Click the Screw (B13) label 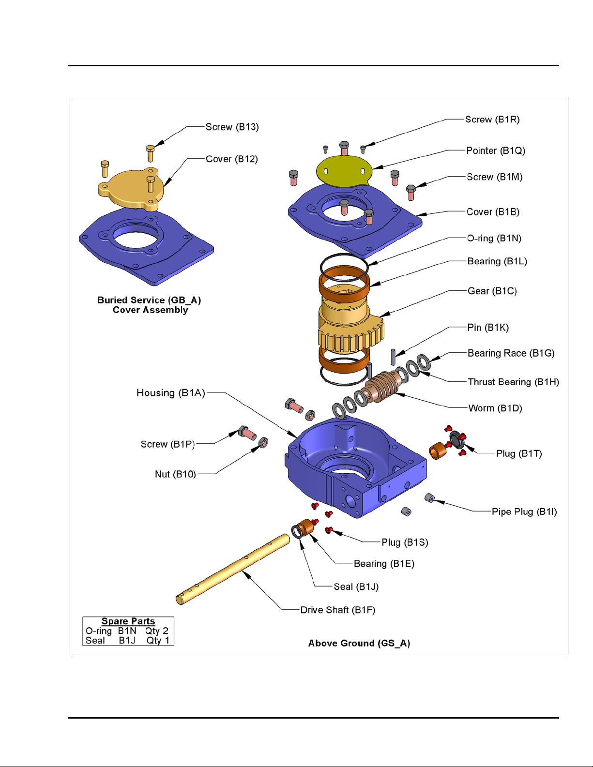pos(232,127)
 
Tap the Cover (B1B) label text pos(493,212)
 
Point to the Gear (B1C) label pos(492,291)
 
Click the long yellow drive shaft pos(232,569)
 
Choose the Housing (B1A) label pos(170,393)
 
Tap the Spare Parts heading pos(128,621)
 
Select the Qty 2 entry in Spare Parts pos(157,631)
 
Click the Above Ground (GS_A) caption pos(359,643)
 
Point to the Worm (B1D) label pos(495,408)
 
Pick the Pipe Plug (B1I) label pos(524,512)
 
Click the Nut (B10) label pos(175,474)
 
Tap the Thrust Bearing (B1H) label pos(513,382)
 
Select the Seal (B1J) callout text pos(356,587)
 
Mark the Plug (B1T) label pos(519,454)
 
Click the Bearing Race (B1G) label pos(511,353)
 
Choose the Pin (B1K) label pos(488,328)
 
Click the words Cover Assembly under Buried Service pos(150,310)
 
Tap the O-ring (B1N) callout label pos(494,239)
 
